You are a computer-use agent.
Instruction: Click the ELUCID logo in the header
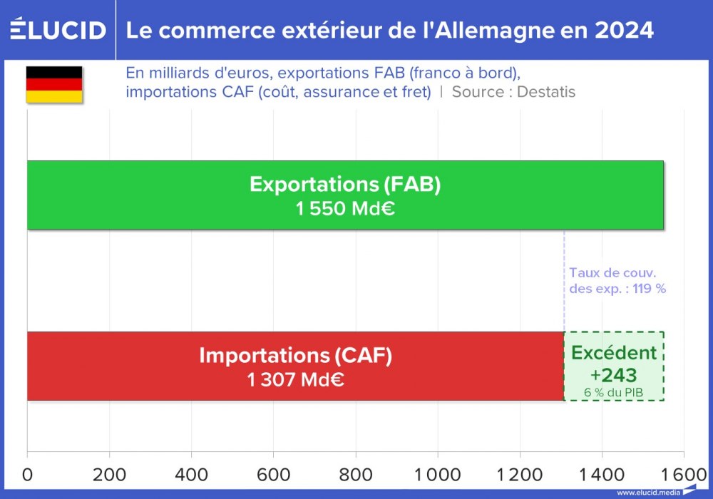point(58,30)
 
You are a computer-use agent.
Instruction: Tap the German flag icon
point(54,85)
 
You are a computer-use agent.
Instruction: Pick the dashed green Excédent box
point(614,366)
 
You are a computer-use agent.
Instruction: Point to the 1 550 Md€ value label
point(345,210)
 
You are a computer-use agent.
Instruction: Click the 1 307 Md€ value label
point(295,380)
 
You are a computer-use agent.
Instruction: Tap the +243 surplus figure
point(614,375)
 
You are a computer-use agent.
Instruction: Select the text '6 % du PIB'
point(614,392)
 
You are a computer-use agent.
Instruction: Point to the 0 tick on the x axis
point(28,475)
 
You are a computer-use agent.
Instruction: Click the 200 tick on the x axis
point(109,475)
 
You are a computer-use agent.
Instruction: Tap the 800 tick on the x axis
point(356,475)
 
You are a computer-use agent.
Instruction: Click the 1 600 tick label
point(683,475)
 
